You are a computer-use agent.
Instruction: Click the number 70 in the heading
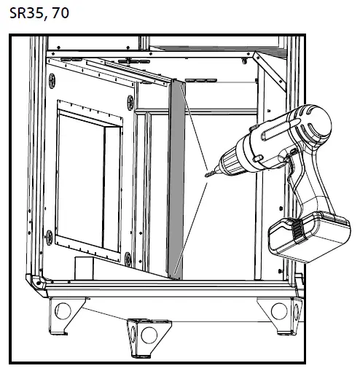coord(60,14)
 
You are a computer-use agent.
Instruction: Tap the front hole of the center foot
coord(148,336)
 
